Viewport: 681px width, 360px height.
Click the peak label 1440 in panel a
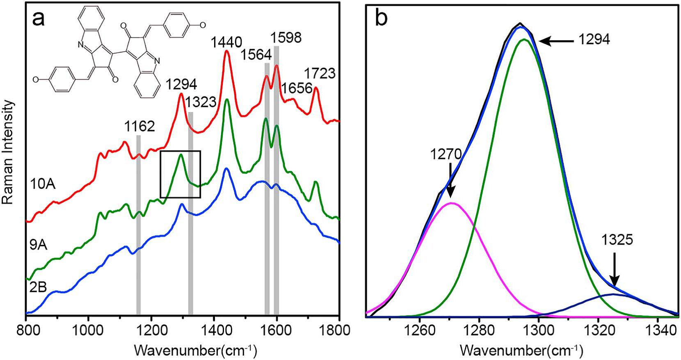(226, 42)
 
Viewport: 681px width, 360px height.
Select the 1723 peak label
(320, 73)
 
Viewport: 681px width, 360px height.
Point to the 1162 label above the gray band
(140, 126)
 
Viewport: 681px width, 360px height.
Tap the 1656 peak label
(297, 88)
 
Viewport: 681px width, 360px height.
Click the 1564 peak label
(256, 55)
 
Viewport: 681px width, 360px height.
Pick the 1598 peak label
(286, 38)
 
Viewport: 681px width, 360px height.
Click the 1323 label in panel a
(200, 102)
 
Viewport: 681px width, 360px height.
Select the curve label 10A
(43, 184)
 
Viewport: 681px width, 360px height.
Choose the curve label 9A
(38, 245)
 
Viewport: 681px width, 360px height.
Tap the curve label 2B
(38, 287)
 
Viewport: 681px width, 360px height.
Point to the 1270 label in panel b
(446, 154)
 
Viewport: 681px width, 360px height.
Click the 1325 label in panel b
(617, 240)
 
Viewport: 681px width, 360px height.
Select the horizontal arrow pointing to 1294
(556, 41)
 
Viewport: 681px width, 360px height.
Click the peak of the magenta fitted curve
(451, 203)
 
